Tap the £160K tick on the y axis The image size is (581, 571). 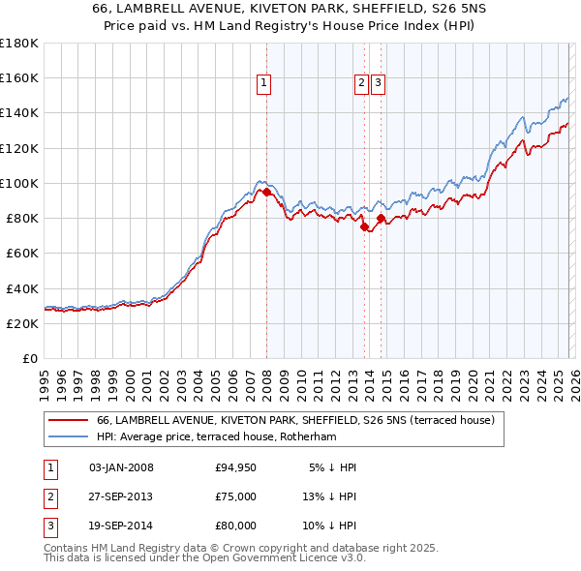point(19,78)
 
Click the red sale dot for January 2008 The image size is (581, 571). point(266,192)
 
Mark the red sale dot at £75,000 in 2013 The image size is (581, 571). point(364,227)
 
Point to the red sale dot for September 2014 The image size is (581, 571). point(381,219)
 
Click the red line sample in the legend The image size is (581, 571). point(68,420)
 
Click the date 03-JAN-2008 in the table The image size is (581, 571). point(121,467)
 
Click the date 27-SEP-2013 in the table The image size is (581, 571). point(121,496)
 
